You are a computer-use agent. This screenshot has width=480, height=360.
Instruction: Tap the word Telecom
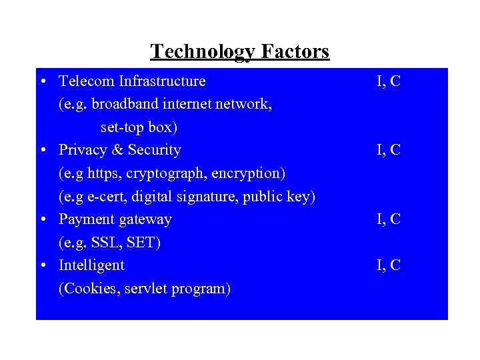(87, 81)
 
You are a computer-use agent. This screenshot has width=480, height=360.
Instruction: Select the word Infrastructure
(162, 81)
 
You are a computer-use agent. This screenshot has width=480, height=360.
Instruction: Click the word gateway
(144, 219)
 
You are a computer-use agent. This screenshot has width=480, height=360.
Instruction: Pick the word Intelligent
(91, 265)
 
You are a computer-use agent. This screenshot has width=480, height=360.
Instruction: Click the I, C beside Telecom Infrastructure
(388, 81)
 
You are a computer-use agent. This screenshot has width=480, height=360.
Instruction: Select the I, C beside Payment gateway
(388, 219)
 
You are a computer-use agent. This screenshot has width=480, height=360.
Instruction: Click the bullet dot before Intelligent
(42, 265)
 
